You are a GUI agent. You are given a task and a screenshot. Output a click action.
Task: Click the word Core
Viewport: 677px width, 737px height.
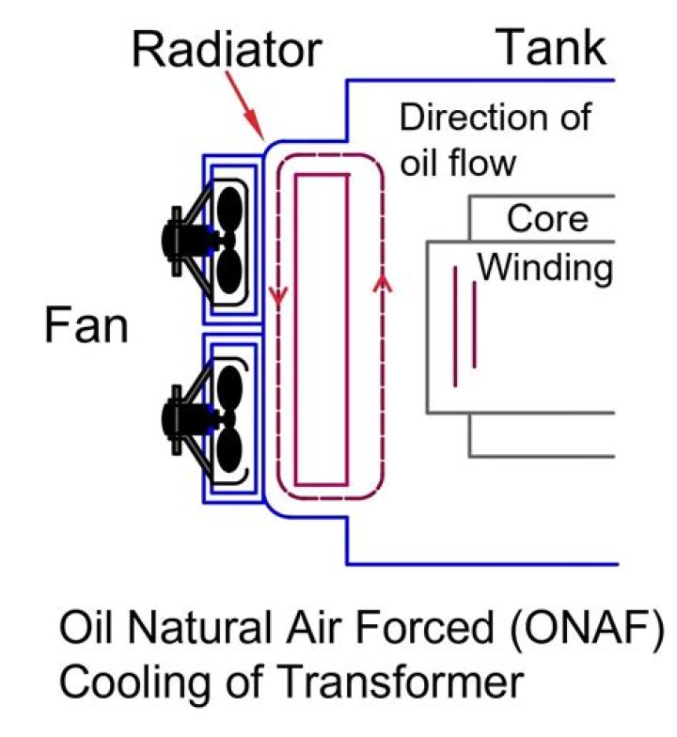pos(547,218)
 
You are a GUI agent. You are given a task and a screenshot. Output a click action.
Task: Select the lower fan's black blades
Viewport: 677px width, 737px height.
pos(228,413)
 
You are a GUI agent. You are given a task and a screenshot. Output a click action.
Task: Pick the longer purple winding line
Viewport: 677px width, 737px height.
pos(455,325)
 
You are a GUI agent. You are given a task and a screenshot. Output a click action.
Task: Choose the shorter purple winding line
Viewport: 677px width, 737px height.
pos(474,324)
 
